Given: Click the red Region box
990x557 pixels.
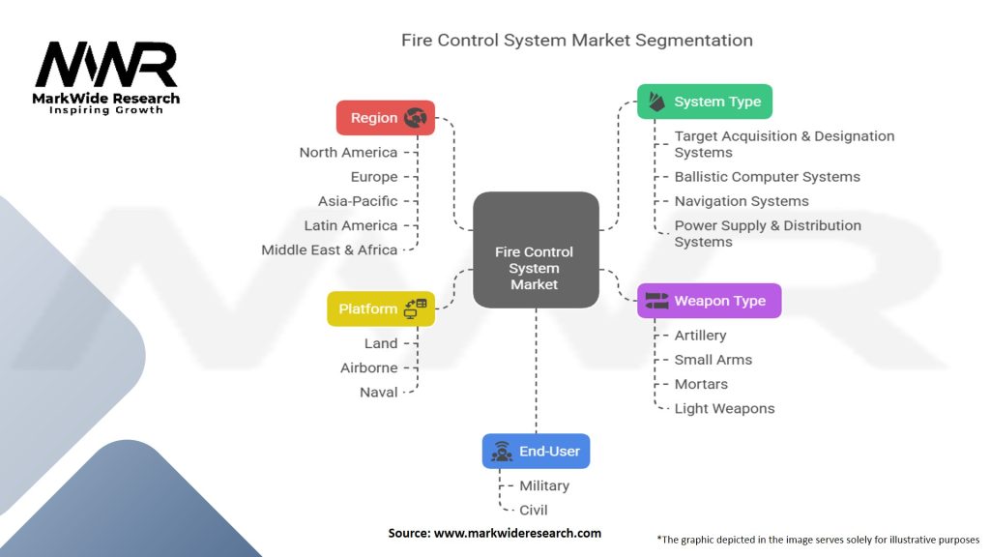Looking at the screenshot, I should pos(385,118).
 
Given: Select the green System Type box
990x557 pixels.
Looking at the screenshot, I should pos(704,102).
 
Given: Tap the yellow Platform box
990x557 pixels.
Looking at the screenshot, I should pos(380,309).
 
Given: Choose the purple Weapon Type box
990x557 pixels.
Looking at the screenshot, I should pos(709,301).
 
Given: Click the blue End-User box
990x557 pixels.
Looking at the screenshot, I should pos(536,451).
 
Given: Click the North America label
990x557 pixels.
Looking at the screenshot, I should pos(348,153).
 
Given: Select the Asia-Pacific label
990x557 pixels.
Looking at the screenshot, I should pos(358,201).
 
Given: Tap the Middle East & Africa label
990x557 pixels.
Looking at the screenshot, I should pos(329,249).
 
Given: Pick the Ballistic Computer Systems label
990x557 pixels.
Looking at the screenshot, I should pos(767,177).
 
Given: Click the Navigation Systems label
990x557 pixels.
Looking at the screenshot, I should pos(742,201).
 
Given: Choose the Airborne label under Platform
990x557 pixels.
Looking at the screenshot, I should pos(368,367).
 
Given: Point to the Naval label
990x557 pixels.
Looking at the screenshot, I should pos(378,392).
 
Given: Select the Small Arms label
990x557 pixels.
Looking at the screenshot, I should pos(713,360).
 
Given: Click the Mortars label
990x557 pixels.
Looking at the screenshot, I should pos(701,384).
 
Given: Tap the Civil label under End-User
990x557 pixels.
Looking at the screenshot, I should pos(534,510).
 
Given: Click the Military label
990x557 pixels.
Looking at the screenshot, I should pos(544,485).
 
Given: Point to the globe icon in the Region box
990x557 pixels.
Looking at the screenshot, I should pos(416,118).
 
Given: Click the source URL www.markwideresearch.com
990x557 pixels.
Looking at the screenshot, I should pos(517,533).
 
